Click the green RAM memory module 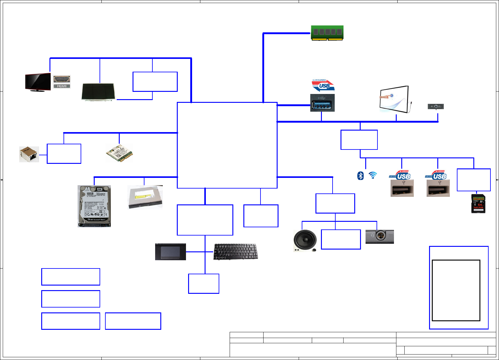pos(327,33)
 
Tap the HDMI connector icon pos(62,82)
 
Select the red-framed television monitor pos(38,82)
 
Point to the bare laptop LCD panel pos(99,92)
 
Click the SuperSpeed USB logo pos(323,85)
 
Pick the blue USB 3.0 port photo pos(322,103)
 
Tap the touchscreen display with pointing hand pos(394,99)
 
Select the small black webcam pos(436,106)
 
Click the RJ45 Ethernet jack pos(29,154)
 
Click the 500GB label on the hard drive pos(90,193)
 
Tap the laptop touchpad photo pos(170,252)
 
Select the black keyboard pos(235,252)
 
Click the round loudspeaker pos(305,240)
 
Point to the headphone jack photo pos(380,236)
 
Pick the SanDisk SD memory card pos(478,204)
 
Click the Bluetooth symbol pos(361,176)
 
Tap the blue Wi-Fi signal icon pos(373,175)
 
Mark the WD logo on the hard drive pos(100,189)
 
